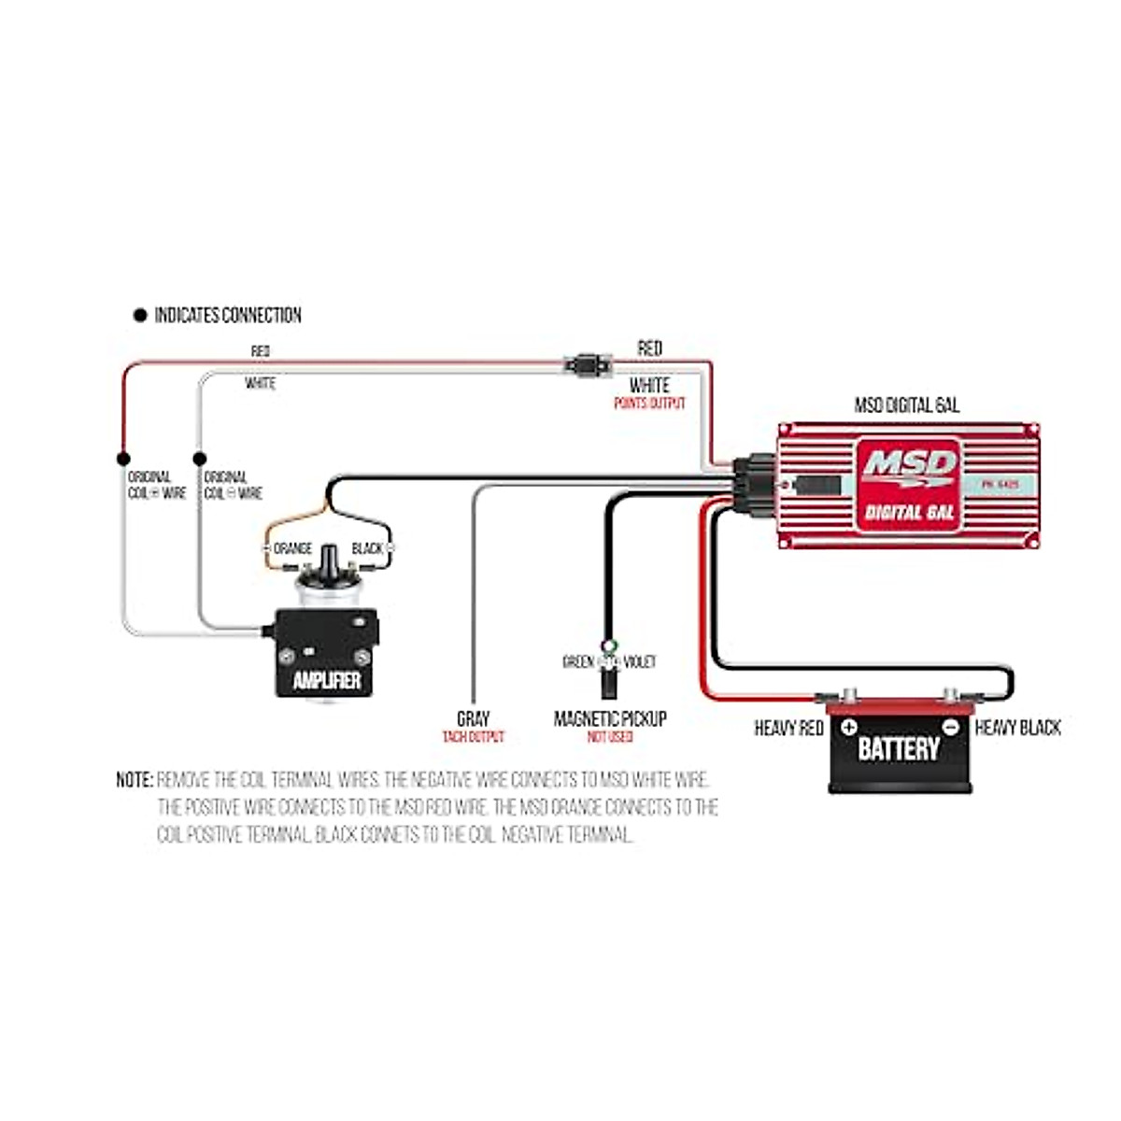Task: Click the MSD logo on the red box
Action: [908, 465]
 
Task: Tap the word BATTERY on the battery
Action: [898, 748]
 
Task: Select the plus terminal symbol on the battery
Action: [848, 727]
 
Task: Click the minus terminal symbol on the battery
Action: [949, 727]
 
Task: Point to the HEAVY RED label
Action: [788, 728]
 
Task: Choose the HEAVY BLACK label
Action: [1017, 728]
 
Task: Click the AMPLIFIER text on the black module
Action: [327, 680]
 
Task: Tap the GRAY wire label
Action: [473, 719]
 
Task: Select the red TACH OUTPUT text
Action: [473, 737]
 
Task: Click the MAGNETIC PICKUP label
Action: [610, 719]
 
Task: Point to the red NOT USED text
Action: [610, 737]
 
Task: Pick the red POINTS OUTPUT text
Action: [649, 404]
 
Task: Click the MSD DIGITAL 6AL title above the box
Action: [906, 405]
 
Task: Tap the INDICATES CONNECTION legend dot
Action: [140, 316]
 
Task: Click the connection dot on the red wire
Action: [122, 459]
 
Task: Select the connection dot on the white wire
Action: [199, 459]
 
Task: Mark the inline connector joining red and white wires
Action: [587, 364]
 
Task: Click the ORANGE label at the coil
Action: [292, 548]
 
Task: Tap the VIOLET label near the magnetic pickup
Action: [640, 662]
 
